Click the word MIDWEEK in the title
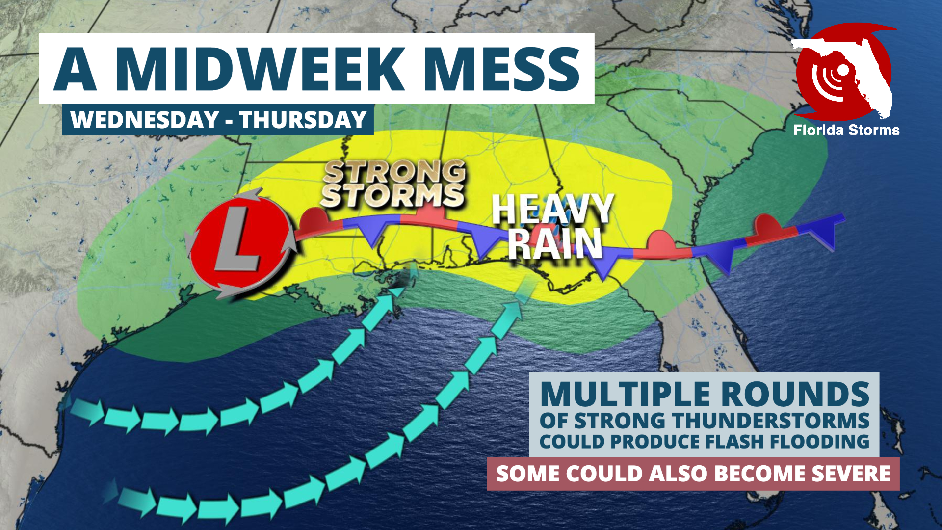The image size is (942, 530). (260, 69)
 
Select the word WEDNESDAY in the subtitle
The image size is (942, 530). (145, 120)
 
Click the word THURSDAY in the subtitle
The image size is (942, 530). (303, 120)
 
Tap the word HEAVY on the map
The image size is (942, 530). (552, 209)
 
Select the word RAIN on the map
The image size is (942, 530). (554, 243)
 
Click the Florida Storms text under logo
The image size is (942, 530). (846, 130)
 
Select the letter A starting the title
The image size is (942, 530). (75, 69)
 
